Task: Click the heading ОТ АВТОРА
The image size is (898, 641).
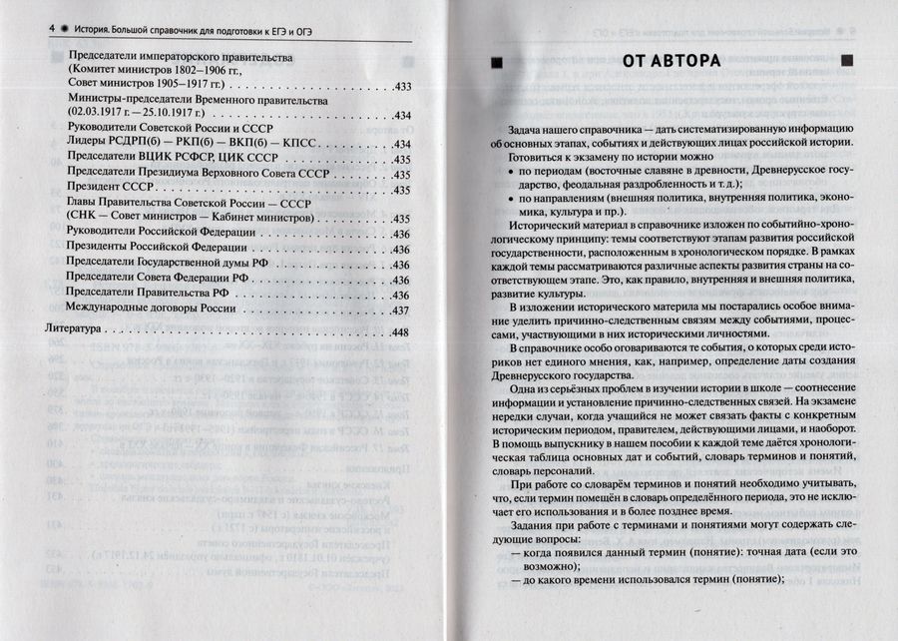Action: coord(671,62)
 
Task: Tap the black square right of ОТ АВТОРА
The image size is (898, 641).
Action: coord(849,63)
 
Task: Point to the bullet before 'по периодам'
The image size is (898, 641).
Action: coord(513,172)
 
